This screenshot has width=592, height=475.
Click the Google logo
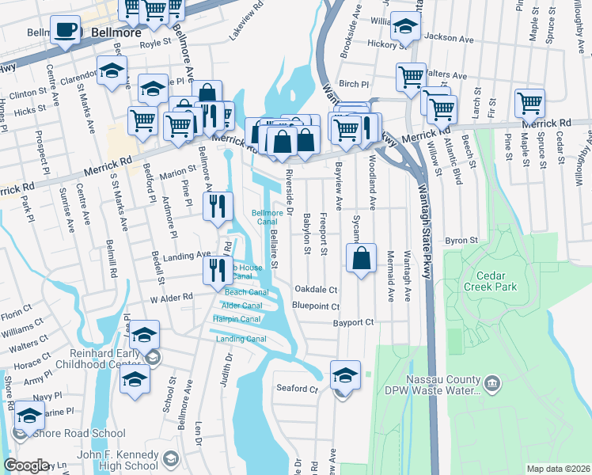tap(26, 465)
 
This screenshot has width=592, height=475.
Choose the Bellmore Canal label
tap(267, 217)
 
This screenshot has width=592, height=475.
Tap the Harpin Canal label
tap(237, 319)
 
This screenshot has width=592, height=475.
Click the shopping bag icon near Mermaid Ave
tap(361, 258)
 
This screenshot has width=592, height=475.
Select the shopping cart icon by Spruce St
tap(529, 103)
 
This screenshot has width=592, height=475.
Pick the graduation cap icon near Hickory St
tap(406, 28)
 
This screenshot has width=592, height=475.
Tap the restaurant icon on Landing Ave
tap(217, 269)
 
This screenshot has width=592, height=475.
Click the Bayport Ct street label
tap(353, 323)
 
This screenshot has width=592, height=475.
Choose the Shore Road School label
tap(80, 433)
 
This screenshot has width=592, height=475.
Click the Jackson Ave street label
tap(448, 37)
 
